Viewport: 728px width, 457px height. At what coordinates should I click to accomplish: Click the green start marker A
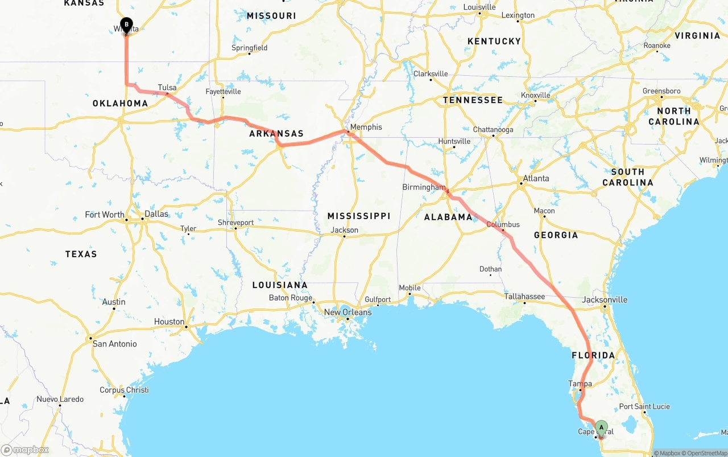(601, 427)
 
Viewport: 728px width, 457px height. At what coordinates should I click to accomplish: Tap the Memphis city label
(366, 127)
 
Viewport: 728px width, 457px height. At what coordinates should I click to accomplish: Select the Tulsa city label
(167, 88)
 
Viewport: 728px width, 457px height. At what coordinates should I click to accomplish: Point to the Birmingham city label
(424, 187)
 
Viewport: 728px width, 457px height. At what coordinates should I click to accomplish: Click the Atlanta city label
(536, 178)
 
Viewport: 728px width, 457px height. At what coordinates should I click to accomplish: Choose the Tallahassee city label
(524, 297)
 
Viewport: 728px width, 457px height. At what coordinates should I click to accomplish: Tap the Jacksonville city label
(605, 300)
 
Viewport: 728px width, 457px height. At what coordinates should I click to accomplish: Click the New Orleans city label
(348, 312)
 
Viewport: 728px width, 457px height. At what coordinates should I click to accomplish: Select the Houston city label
(169, 322)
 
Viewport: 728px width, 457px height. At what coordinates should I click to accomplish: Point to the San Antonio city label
(114, 344)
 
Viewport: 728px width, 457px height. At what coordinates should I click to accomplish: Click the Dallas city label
(156, 214)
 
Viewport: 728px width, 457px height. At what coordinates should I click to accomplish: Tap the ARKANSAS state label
(276, 134)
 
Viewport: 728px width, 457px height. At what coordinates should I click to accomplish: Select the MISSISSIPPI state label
(358, 216)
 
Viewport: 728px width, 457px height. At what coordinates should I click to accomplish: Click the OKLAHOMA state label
(120, 104)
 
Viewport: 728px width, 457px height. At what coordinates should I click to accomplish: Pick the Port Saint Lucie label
(644, 406)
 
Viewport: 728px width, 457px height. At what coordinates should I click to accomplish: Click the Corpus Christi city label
(124, 390)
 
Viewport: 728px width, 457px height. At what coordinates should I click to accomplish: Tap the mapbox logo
(25, 450)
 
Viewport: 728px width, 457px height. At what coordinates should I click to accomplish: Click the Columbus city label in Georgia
(503, 224)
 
